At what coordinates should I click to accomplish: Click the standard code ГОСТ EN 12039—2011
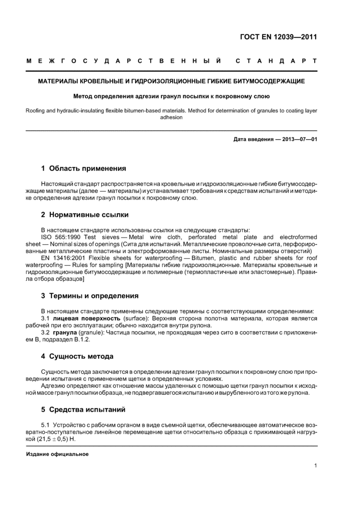click(x=278, y=37)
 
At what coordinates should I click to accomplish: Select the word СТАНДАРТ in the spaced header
click(x=276, y=61)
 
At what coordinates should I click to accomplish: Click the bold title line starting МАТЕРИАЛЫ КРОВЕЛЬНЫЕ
click(x=172, y=81)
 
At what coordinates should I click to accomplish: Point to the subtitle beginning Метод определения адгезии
click(x=172, y=96)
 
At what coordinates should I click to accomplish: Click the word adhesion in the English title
click(x=171, y=117)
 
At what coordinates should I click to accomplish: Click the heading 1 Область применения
click(x=83, y=168)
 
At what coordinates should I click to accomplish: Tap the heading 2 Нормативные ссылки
click(x=85, y=214)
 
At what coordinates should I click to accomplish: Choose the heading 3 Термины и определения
click(x=90, y=296)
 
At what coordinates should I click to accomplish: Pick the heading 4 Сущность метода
click(x=77, y=356)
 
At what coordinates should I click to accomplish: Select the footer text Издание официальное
click(x=58, y=454)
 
